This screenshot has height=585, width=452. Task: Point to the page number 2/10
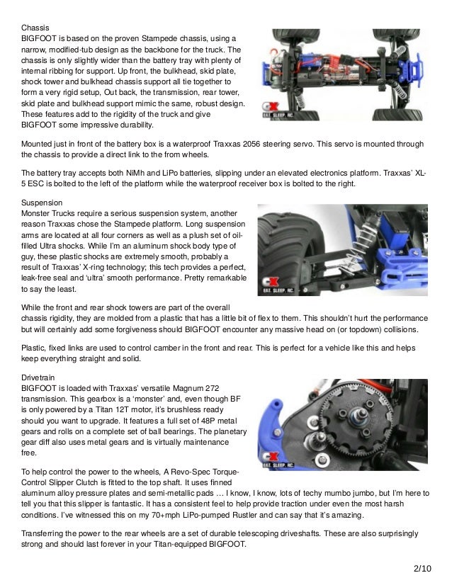[x=422, y=569]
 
